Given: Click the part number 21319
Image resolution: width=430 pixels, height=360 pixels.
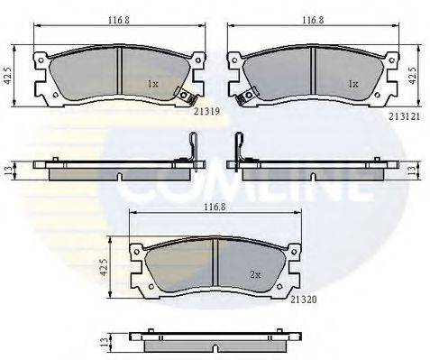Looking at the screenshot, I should (207, 111).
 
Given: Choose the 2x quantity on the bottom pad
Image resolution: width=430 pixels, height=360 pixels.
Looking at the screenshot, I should (255, 274).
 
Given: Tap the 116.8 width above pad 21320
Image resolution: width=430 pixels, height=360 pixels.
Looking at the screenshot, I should (214, 207).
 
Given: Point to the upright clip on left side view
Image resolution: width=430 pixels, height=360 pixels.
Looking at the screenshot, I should (192, 150).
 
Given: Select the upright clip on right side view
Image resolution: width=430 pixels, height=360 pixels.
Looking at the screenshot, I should (238, 150).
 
